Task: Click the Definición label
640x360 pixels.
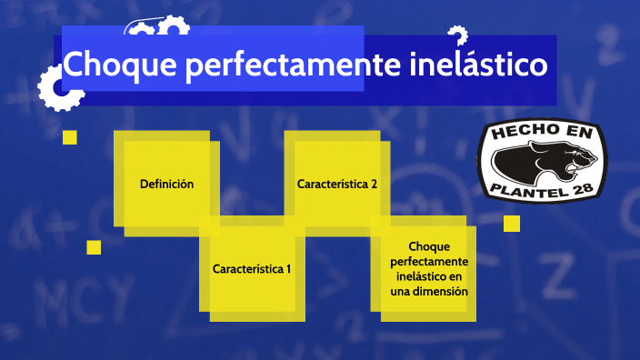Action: (x=166, y=184)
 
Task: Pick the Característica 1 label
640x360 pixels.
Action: (x=252, y=269)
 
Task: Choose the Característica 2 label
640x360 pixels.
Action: (x=337, y=184)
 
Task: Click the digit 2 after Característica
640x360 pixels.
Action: (x=374, y=184)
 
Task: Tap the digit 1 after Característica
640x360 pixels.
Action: (x=288, y=269)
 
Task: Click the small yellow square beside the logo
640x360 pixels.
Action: (x=512, y=224)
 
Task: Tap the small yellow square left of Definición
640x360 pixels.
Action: (x=69, y=137)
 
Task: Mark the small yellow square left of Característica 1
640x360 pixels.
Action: (x=94, y=247)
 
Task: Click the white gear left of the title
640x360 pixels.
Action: (x=56, y=89)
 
